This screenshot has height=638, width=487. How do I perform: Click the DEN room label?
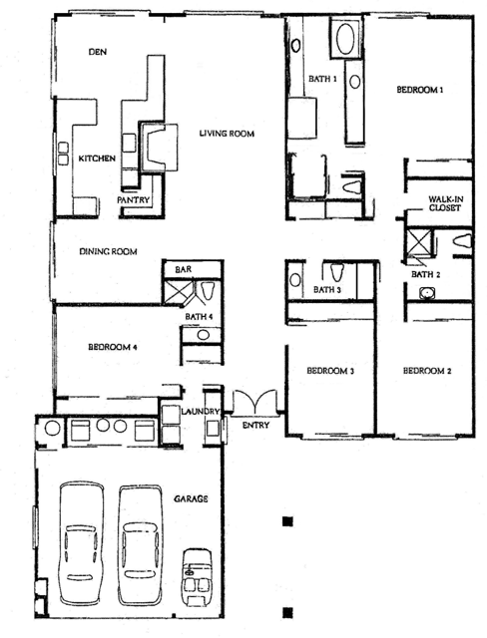97,51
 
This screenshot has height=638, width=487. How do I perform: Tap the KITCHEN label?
97,158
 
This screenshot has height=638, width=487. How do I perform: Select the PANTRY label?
134,199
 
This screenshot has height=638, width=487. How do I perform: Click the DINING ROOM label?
108,251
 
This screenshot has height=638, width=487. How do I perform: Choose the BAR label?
183,270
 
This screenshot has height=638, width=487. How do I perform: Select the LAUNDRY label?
200,412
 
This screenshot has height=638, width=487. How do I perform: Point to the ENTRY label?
255,426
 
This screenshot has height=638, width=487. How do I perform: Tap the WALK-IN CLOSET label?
442,204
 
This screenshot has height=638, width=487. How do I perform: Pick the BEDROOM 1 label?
419,90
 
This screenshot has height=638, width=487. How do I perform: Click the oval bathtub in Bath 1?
345,41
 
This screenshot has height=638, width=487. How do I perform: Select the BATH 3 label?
327,290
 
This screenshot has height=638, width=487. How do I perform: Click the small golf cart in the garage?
199,579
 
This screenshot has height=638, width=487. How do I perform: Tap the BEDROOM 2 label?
427,371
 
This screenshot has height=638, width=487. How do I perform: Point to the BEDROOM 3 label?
329,371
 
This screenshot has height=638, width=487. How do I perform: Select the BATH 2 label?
426,274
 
